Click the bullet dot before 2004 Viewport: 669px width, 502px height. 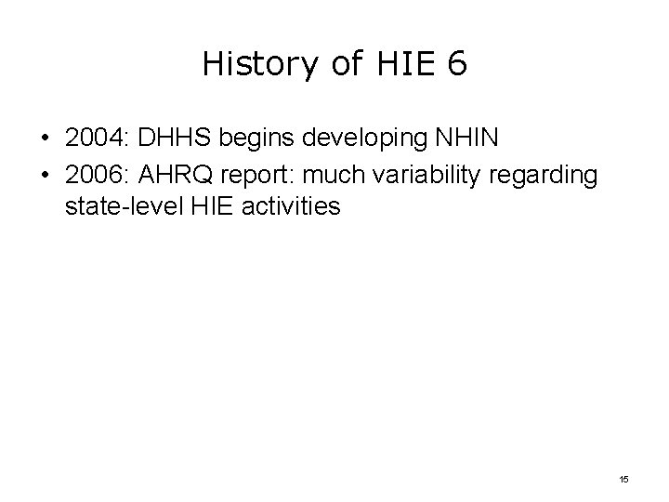(x=46, y=139)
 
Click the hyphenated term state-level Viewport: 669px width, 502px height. (x=119, y=205)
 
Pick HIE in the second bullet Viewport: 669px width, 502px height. (x=203, y=205)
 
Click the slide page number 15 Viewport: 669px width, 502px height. (x=623, y=478)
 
